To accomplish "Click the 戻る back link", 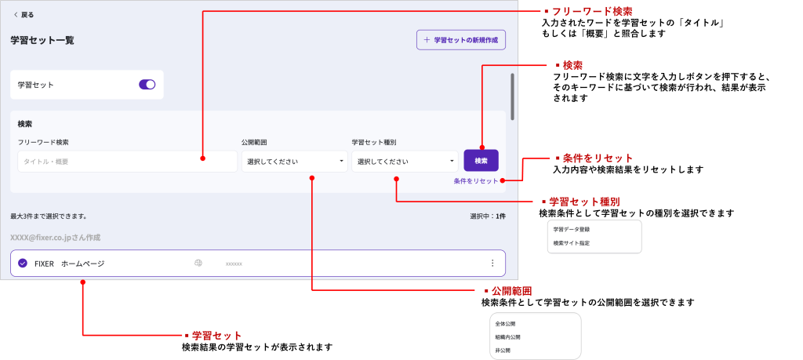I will (x=24, y=14).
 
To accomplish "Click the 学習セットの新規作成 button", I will (x=460, y=40).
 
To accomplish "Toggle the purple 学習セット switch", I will (x=147, y=85).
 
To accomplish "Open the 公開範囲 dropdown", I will (x=294, y=162).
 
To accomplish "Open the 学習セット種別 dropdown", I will (x=405, y=162).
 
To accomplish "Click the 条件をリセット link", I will (x=475, y=180).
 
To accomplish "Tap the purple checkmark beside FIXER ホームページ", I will (x=22, y=264).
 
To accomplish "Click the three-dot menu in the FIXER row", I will (x=492, y=264).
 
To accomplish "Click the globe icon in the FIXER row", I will (x=198, y=264).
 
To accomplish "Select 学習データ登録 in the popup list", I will (x=571, y=229).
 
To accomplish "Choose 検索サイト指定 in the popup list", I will (x=571, y=243).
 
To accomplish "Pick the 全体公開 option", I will (x=505, y=323).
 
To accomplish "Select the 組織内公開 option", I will (x=507, y=336).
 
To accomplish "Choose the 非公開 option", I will (x=503, y=350).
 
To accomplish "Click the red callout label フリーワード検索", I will (x=592, y=12).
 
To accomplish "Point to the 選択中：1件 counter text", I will (x=487, y=216).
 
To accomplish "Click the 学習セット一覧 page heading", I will (x=42, y=40).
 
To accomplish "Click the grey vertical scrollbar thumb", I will (x=513, y=96).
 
